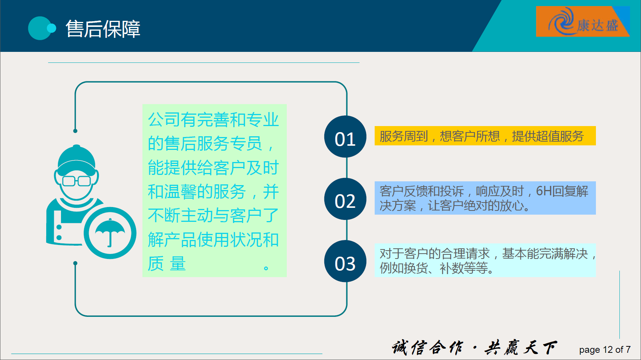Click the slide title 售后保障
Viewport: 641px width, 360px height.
(x=103, y=29)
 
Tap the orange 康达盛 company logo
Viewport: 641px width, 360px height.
(x=583, y=22)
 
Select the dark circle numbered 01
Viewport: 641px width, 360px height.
(x=345, y=137)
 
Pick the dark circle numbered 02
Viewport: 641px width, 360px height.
(x=345, y=199)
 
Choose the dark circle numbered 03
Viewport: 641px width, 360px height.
(x=345, y=261)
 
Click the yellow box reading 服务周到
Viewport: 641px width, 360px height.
(x=485, y=136)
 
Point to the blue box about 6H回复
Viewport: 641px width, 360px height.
(x=485, y=198)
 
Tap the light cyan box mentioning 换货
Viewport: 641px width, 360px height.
(x=485, y=260)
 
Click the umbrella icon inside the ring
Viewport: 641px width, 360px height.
(x=110, y=232)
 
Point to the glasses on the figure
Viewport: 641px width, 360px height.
(x=77, y=181)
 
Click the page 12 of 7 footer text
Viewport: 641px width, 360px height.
(x=605, y=350)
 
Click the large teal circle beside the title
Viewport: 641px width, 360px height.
(x=39, y=28)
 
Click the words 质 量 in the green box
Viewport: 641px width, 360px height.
(x=167, y=263)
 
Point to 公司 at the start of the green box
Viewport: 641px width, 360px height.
(x=164, y=120)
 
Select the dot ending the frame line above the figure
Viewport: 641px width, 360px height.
(x=75, y=131)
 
